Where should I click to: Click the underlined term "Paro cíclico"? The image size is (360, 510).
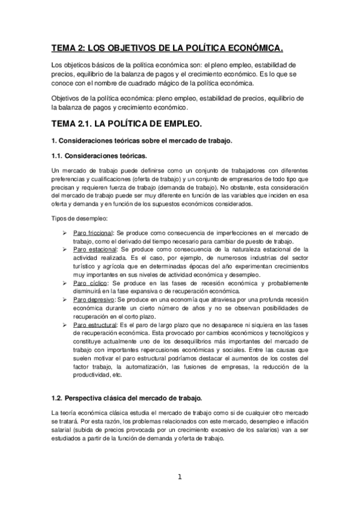click(x=90, y=281)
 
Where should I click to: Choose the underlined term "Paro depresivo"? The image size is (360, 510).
click(x=94, y=298)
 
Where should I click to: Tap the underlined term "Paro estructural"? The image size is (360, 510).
click(x=96, y=325)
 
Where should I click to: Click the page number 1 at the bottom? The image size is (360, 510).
click(x=179, y=478)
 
